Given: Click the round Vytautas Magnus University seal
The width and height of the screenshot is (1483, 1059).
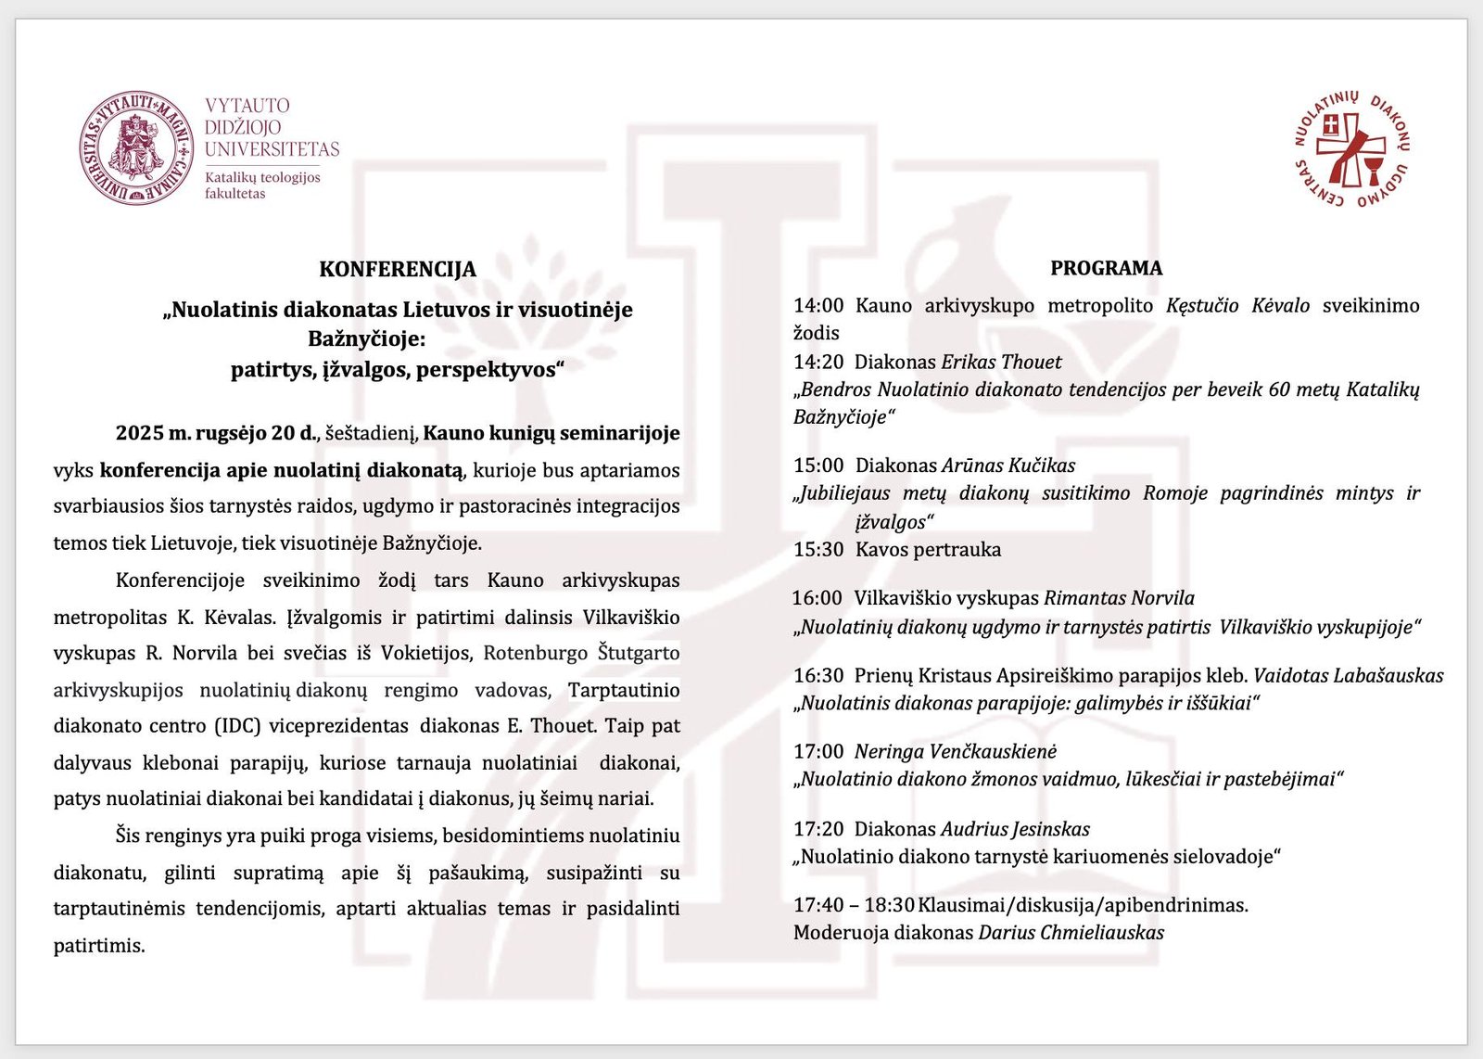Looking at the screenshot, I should point(136,147).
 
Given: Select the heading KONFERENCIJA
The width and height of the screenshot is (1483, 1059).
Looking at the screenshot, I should point(398,269).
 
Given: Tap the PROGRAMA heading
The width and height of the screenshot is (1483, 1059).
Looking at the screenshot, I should point(1106,268).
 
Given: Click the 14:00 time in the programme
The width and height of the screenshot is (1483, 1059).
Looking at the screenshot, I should point(818,305).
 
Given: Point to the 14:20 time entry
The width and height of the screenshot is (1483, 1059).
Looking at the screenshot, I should point(818,362).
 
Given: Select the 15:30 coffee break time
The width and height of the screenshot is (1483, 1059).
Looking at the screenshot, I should point(818,549).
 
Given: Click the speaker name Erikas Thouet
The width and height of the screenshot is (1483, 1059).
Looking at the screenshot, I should point(1001,362).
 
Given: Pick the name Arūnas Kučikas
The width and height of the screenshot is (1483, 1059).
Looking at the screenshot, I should point(1008,465).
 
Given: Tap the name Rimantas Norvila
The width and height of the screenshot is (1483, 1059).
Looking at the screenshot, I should point(1119,598).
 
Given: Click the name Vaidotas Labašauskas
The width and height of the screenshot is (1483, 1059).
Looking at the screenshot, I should point(1348,675).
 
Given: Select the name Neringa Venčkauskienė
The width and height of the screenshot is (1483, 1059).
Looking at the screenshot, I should point(955,751).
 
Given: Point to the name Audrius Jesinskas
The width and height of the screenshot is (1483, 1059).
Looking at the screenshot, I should point(1015,829).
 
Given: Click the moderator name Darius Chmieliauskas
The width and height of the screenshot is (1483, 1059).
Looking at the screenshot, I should point(1071,932).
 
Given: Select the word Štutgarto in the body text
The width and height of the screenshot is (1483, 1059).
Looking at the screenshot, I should point(639,653).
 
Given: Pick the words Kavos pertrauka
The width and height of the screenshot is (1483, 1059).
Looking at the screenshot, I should point(928,549).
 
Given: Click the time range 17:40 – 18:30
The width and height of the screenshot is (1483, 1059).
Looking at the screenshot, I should point(854,904).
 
